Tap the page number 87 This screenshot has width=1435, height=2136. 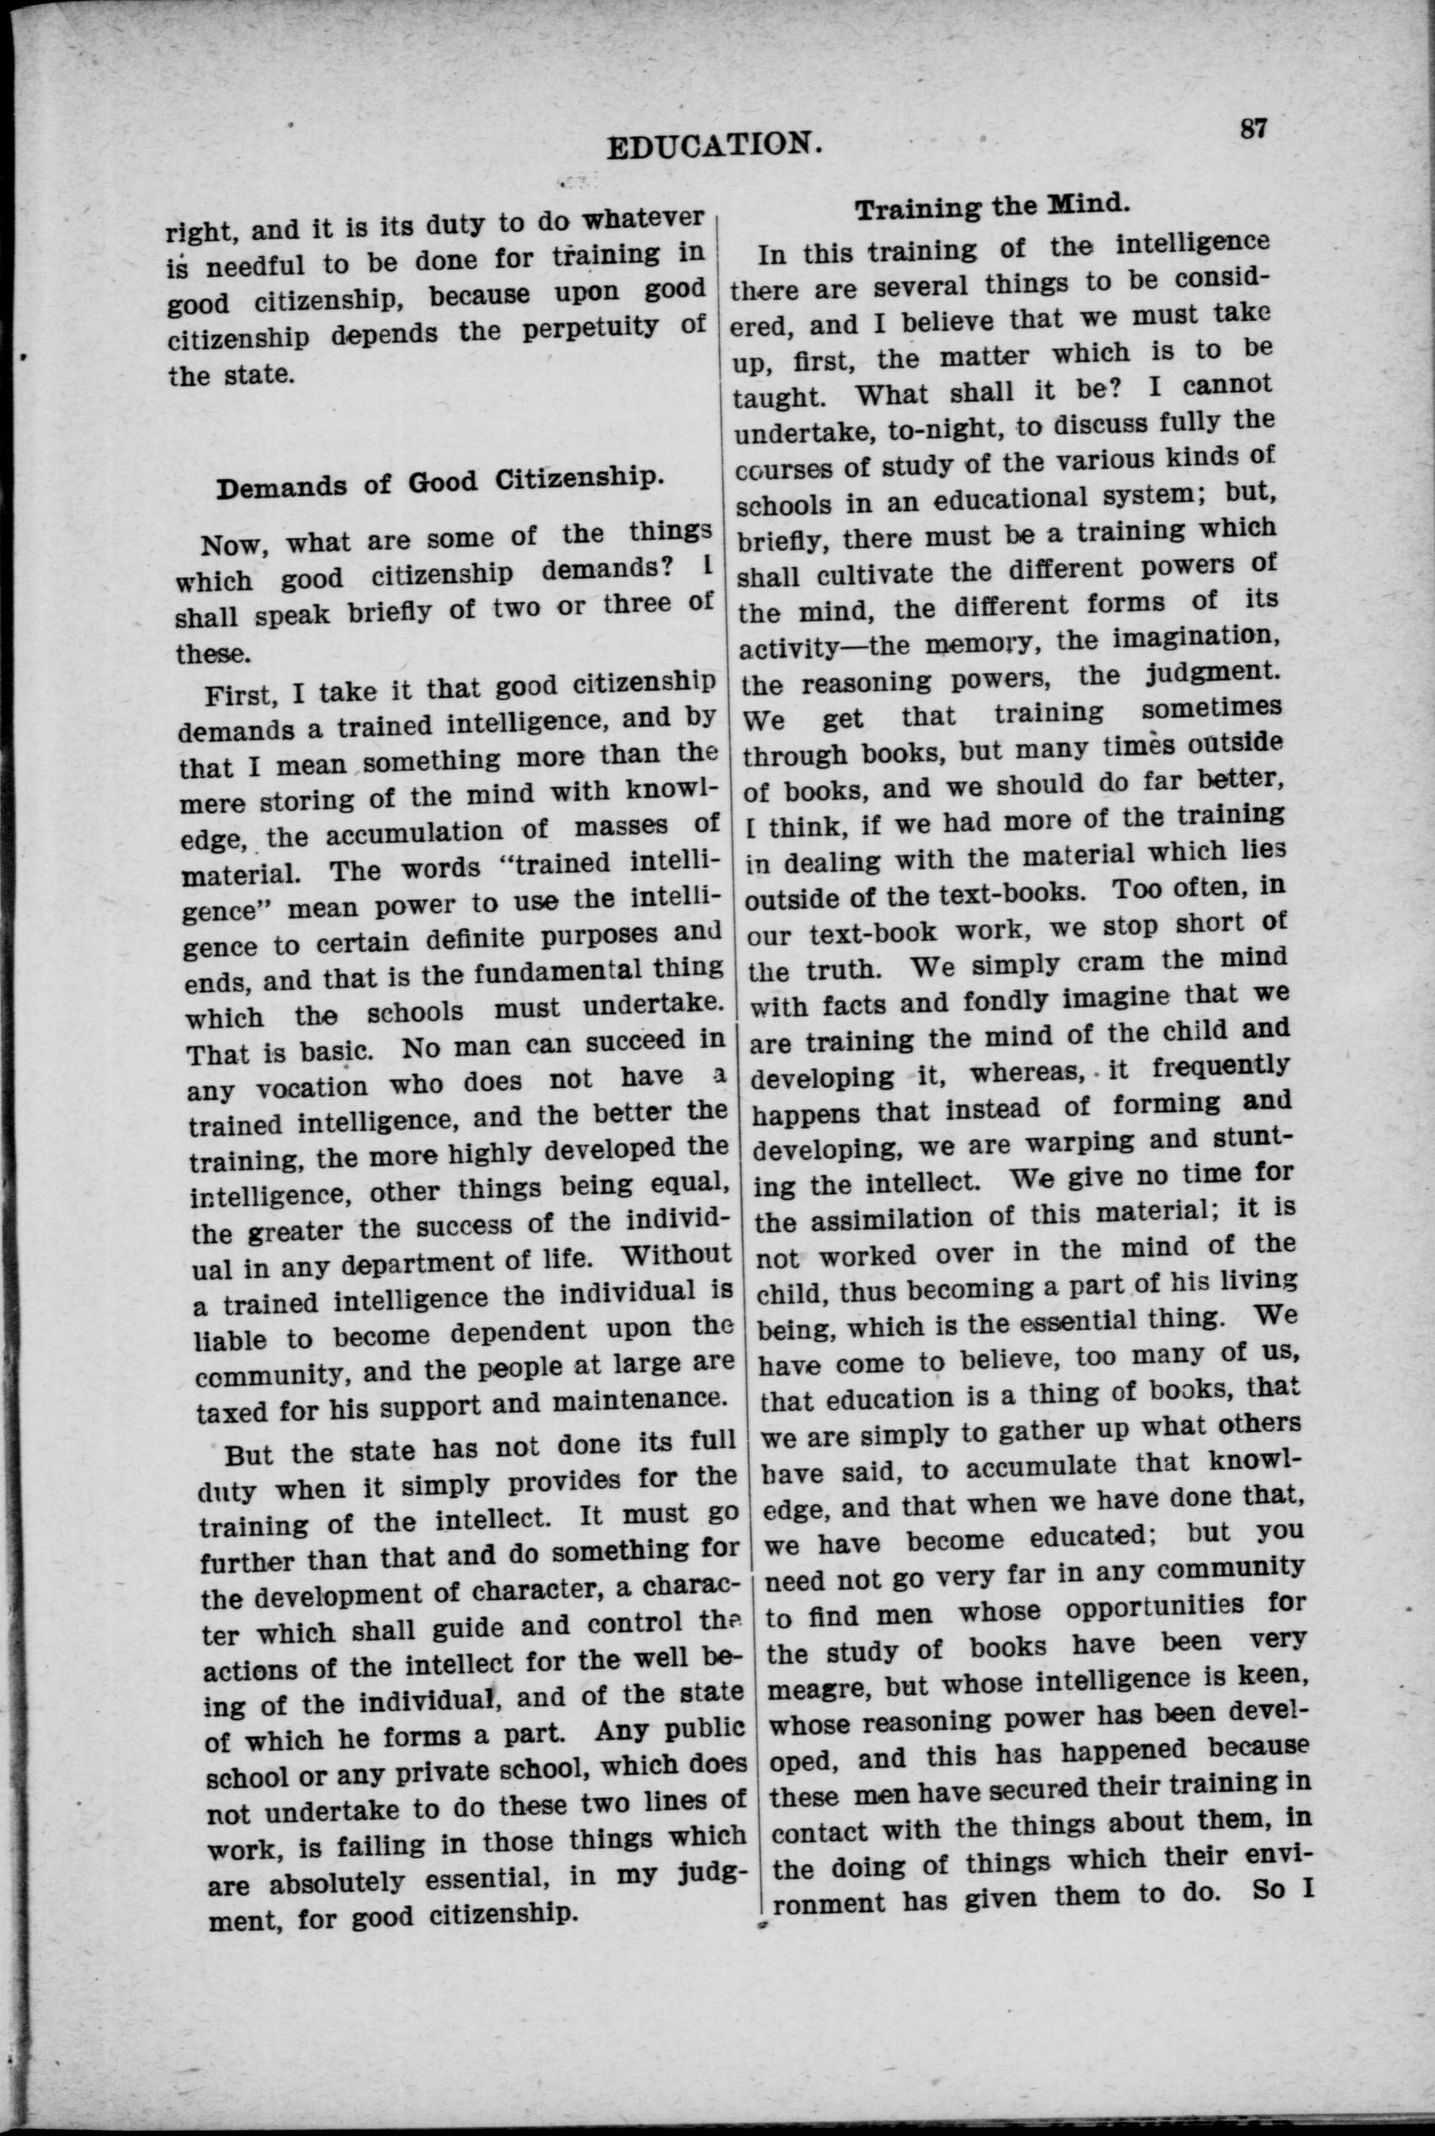(x=1253, y=129)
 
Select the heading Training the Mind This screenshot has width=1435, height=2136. (x=992, y=207)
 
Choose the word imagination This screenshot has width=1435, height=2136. (x=1190, y=636)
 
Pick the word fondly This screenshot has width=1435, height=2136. (x=918, y=1002)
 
